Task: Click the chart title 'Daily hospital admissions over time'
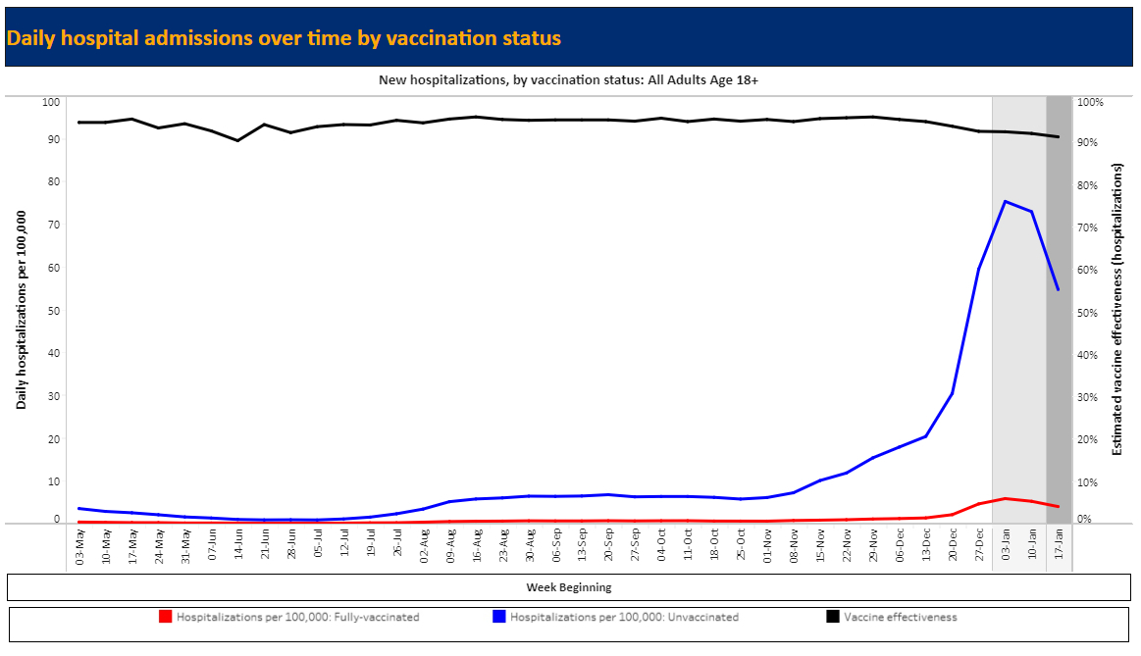tap(284, 38)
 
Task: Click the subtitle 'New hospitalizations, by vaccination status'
tap(568, 80)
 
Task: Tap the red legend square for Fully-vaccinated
tap(166, 617)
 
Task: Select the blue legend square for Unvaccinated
tap(499, 617)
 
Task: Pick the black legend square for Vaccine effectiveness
tap(833, 617)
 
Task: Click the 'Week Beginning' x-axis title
tap(568, 587)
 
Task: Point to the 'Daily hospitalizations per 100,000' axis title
tap(22, 311)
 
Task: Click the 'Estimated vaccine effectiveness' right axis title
tap(1116, 311)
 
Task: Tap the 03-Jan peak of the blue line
tap(1005, 201)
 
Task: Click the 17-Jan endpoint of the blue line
tap(1058, 289)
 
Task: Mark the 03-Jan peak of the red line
tap(1005, 498)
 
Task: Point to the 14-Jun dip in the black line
tap(237, 140)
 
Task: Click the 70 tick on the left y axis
tap(52, 225)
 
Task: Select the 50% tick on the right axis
tap(1090, 312)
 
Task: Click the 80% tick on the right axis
tap(1090, 184)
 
